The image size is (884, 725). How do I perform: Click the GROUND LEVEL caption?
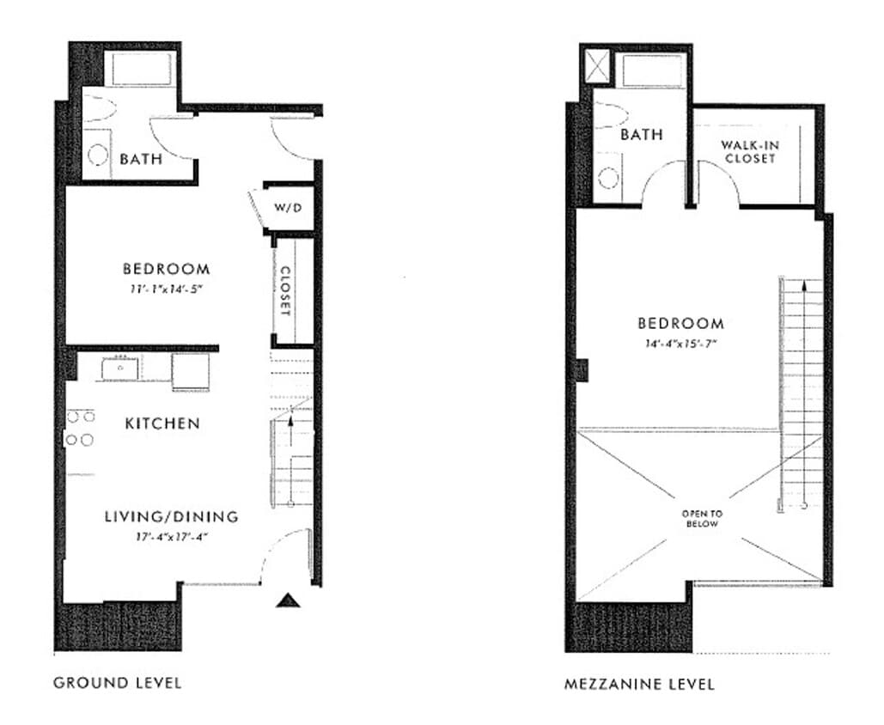click(117, 683)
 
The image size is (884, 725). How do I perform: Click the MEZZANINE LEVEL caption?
click(639, 685)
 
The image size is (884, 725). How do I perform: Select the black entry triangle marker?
click(288, 600)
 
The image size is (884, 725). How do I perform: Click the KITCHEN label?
click(162, 423)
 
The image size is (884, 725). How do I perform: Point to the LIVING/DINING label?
click(171, 516)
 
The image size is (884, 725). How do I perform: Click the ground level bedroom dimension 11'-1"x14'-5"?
click(166, 289)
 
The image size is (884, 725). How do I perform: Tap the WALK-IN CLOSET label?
click(749, 152)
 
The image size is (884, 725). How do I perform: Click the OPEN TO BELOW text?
click(703, 518)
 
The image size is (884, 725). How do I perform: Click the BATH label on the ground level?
click(142, 159)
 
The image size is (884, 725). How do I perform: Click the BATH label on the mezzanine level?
click(641, 135)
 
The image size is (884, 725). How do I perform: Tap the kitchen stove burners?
click(79, 428)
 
